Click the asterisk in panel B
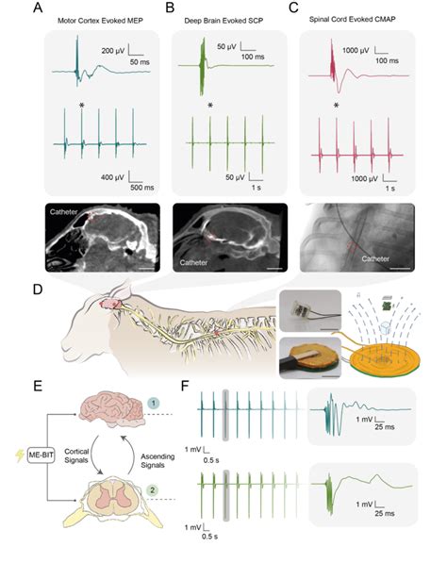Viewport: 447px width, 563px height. tap(210, 106)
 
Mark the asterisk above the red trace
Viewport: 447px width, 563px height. tap(336, 106)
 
